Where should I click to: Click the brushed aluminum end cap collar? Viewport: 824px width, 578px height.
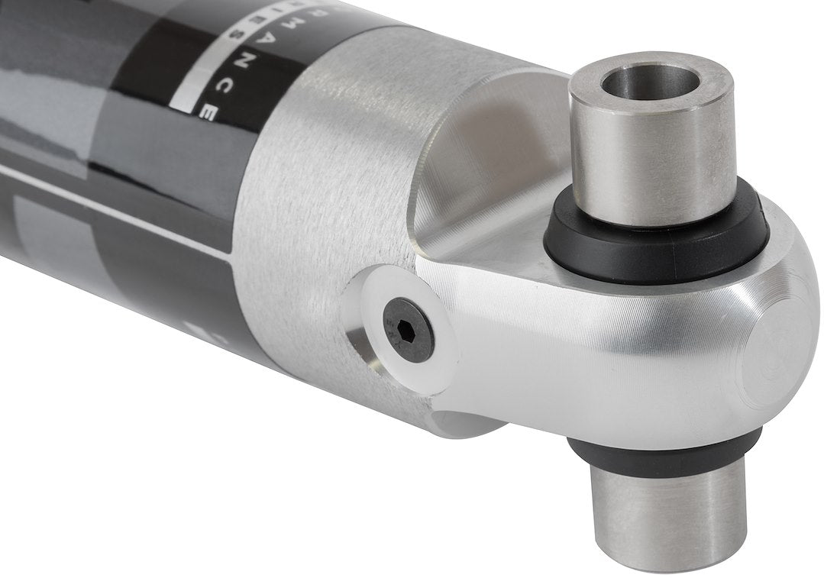[321, 191]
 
